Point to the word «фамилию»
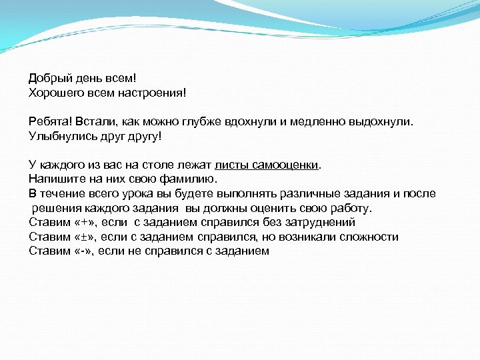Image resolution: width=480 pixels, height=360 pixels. tap(191, 179)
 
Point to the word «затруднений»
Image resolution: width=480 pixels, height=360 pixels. tap(316, 222)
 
